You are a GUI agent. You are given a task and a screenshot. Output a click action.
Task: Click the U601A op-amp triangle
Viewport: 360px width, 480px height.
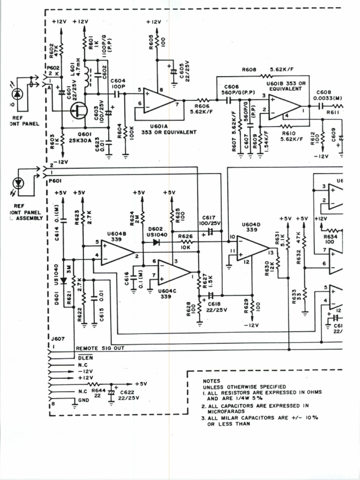coord(158,99)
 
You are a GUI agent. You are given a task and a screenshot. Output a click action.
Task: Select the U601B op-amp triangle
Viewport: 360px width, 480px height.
coord(284,106)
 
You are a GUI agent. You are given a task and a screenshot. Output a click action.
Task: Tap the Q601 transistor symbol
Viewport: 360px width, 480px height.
coord(77,111)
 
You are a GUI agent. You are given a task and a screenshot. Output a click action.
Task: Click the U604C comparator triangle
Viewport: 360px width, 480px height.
coord(172,272)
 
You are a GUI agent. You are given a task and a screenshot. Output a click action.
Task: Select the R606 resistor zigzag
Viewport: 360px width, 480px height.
coord(202,100)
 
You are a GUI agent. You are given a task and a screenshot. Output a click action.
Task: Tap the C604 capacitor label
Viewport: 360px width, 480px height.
coord(118,81)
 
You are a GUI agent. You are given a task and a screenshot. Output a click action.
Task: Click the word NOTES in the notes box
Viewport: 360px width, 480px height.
coord(211,381)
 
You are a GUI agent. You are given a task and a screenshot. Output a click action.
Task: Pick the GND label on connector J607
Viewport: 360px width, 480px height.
coord(83,400)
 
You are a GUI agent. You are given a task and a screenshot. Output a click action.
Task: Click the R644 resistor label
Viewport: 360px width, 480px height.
coord(98,390)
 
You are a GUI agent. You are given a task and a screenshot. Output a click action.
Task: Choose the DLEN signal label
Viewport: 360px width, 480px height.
coord(82,357)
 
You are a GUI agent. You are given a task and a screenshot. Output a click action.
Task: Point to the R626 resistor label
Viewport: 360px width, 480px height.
coord(186,236)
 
